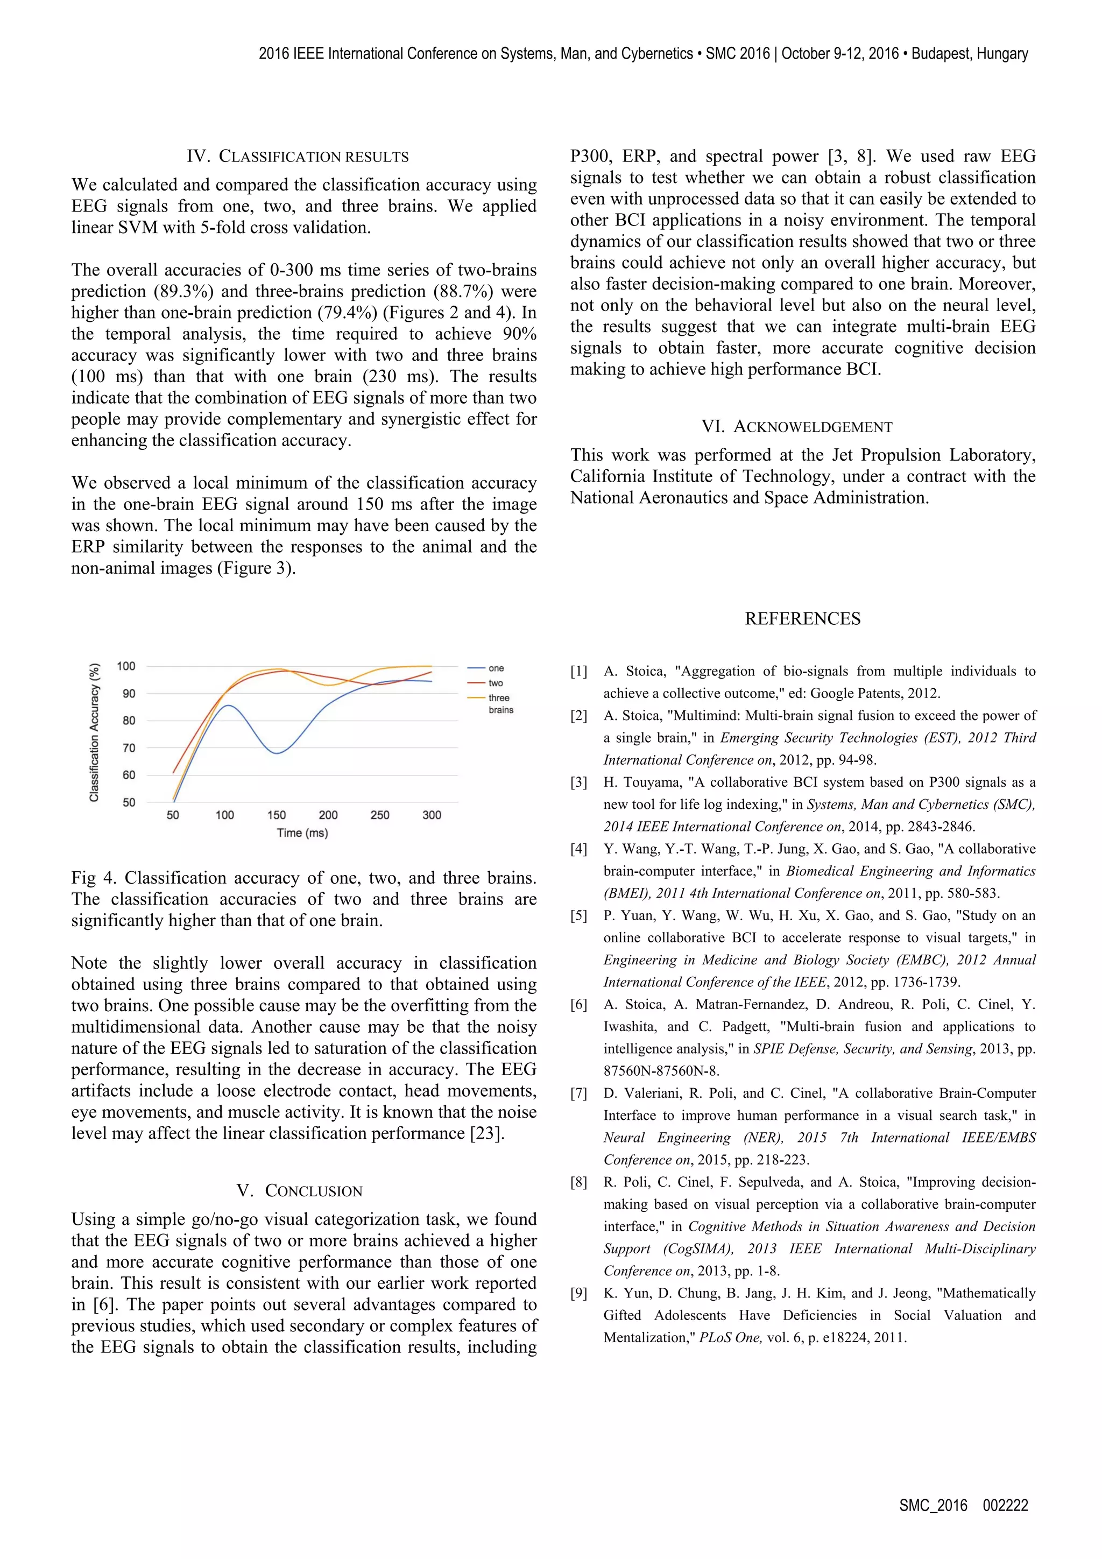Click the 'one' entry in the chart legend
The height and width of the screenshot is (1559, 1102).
pyautogui.click(x=496, y=668)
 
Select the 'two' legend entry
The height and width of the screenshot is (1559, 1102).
pyautogui.click(x=496, y=683)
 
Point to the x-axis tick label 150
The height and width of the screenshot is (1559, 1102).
pyautogui.click(x=277, y=815)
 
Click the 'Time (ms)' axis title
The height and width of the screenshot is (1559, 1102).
pyautogui.click(x=302, y=833)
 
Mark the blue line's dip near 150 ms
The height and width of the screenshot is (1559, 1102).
pyautogui.click(x=277, y=753)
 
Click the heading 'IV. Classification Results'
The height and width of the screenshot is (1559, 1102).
pyautogui.click(x=298, y=157)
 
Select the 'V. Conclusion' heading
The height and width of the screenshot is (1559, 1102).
pyautogui.click(x=299, y=1190)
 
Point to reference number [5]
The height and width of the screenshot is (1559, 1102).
pyautogui.click(x=578, y=916)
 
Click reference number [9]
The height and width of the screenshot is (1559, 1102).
pyautogui.click(x=578, y=1294)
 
